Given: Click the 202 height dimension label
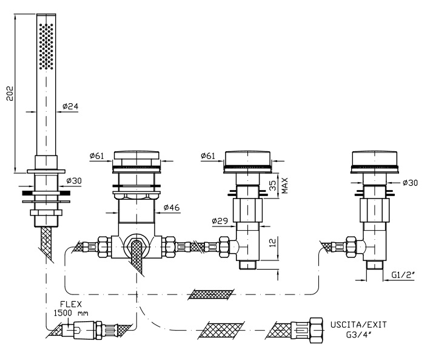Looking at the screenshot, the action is pos(10,93).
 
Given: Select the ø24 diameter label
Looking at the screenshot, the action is pos(70,106).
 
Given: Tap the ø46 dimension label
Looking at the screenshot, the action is pos(172,208).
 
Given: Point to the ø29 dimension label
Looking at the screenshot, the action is pos(220,221).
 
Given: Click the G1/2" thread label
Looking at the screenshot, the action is pos(403,274).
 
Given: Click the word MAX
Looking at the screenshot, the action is pos(284,186).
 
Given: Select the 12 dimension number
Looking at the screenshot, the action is pos(272,243).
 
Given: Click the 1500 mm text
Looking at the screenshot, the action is pos(71,313).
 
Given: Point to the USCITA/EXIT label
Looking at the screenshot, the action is pos(359,324).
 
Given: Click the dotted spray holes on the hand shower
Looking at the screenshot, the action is pos(46,46).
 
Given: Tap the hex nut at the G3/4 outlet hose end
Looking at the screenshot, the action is pos(316,330).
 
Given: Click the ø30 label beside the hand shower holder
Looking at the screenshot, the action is pos(74,181).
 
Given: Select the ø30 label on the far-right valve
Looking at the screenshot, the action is pos(410,183).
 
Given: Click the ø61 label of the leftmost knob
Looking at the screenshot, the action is pos(96,156).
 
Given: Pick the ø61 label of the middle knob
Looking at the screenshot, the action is pos(208,156).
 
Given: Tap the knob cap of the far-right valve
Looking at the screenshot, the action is pos(374,158).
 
